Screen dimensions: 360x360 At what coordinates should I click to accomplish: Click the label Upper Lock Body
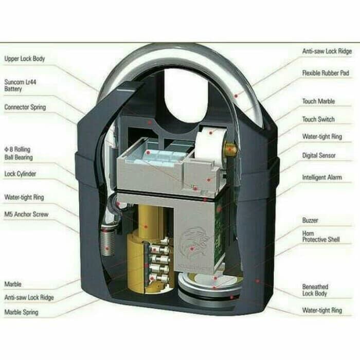25,59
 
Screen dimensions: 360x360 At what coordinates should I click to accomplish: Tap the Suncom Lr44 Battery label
19,85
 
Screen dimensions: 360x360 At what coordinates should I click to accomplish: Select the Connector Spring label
25,107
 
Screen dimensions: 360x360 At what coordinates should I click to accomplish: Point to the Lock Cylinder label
20,174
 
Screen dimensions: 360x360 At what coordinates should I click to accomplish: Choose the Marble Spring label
21,312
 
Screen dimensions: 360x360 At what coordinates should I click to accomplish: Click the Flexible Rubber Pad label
325,74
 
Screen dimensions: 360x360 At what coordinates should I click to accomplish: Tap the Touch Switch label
318,119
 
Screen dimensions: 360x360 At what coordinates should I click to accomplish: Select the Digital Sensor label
319,155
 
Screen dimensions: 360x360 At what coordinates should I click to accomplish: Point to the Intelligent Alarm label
322,177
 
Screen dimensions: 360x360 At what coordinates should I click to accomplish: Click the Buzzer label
310,220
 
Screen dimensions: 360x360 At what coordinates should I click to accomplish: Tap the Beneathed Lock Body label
315,290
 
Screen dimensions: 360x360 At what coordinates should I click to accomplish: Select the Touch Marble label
318,101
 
